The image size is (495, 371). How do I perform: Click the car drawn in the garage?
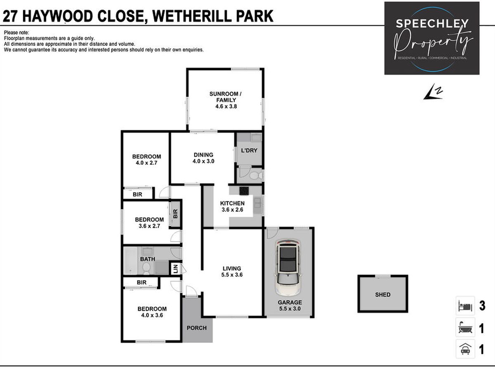point(288,268)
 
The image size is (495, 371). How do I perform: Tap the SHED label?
point(383,295)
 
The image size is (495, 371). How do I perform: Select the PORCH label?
point(197,328)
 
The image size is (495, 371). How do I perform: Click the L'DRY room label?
point(249,150)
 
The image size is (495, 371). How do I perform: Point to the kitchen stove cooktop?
point(244,190)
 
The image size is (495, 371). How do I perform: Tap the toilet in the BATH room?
point(146,268)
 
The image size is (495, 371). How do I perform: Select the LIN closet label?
point(176,268)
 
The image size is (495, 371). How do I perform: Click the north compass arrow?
point(433,92)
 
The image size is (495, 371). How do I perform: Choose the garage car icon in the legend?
point(465,349)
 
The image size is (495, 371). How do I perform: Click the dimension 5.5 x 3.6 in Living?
point(232,275)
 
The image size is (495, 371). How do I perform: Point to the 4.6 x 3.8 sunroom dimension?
point(226,106)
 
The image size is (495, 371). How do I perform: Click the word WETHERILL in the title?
point(192,16)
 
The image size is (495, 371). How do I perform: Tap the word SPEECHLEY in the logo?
point(432,23)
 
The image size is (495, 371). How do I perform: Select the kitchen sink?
point(257,203)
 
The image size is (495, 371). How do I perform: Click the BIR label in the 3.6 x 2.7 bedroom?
point(175,214)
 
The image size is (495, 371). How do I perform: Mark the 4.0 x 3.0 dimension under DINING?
point(203,161)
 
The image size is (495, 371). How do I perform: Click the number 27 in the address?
point(10,16)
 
